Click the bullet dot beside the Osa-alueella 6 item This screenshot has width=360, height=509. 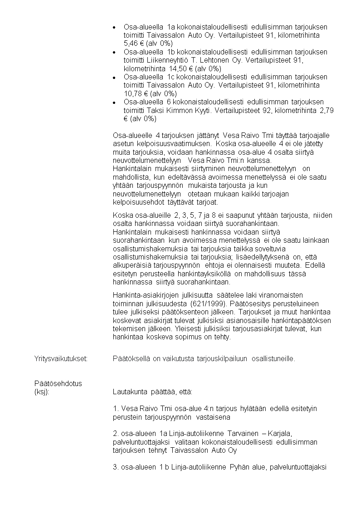click(114, 102)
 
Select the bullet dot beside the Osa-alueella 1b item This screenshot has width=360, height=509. click(114, 53)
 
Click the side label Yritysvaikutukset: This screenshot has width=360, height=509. click(61, 359)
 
